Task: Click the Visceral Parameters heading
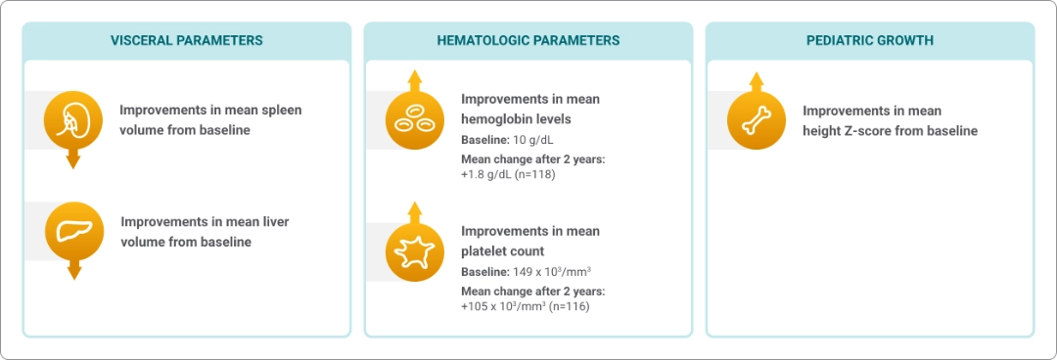(x=187, y=40)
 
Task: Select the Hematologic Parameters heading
(x=528, y=40)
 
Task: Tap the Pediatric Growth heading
(x=870, y=40)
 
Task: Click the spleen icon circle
(x=72, y=120)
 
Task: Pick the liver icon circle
(x=74, y=231)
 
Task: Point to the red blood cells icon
(x=415, y=120)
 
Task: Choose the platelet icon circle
(x=415, y=251)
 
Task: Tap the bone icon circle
(x=757, y=120)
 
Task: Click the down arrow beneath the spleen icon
(x=72, y=159)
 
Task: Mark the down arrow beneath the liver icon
(x=74, y=270)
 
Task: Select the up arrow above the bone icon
(x=757, y=81)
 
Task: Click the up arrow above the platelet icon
(x=415, y=212)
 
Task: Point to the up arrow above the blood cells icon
(x=415, y=80)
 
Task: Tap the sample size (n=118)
(x=531, y=174)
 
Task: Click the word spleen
(x=283, y=110)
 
